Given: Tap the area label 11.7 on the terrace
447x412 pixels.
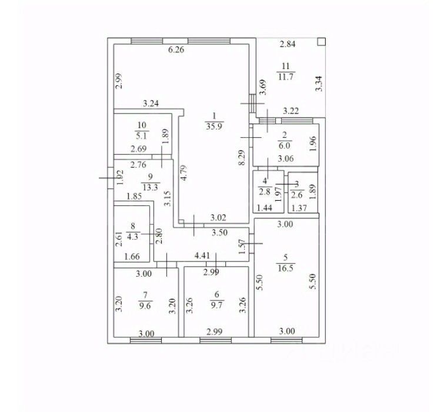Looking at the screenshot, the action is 286,76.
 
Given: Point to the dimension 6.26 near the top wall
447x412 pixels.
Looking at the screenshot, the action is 176,50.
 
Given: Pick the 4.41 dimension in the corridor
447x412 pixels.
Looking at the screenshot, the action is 204,256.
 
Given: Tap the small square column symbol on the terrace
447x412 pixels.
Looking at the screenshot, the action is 321,42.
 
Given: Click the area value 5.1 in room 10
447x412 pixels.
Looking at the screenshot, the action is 141,135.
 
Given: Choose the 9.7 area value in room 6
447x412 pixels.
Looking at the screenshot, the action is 215,305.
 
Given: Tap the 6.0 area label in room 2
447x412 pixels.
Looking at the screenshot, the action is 284,144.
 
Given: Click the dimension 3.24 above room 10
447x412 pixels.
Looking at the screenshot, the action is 151,104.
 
